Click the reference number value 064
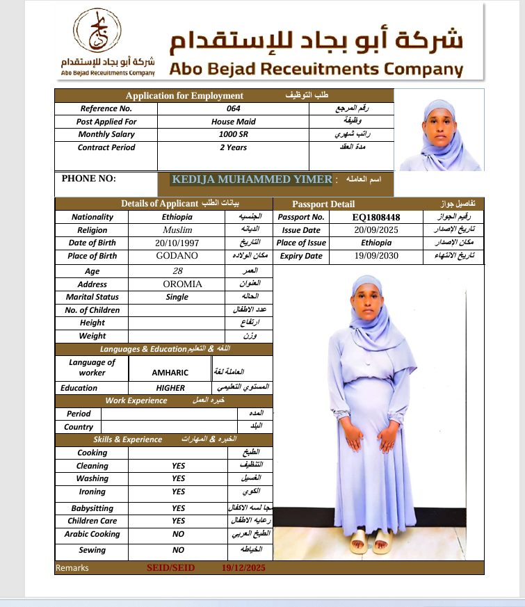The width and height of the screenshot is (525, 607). click(x=233, y=108)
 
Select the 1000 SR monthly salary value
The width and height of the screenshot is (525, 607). click(x=233, y=134)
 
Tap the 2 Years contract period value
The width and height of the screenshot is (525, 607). click(x=233, y=147)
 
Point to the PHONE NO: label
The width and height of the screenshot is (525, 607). click(x=89, y=179)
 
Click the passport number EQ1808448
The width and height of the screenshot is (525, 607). click(x=376, y=217)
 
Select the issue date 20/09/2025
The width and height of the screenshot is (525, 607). click(x=376, y=230)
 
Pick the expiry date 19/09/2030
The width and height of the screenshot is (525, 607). click(x=376, y=256)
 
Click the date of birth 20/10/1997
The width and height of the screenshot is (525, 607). click(x=177, y=243)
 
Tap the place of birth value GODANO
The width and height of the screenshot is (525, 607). click(x=177, y=256)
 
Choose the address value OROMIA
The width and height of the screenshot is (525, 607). click(x=182, y=284)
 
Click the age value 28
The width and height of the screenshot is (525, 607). click(x=177, y=271)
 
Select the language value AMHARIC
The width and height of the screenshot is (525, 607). click(x=170, y=373)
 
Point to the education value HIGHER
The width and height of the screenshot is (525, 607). click(x=170, y=388)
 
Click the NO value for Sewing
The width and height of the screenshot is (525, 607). click(x=178, y=550)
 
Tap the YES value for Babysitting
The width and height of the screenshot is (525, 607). click(x=178, y=508)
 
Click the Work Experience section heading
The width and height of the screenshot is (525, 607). click(x=136, y=400)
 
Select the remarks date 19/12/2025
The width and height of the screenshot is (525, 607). click(x=243, y=568)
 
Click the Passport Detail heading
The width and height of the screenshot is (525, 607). click(x=323, y=204)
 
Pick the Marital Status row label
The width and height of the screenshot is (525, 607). click(x=92, y=297)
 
